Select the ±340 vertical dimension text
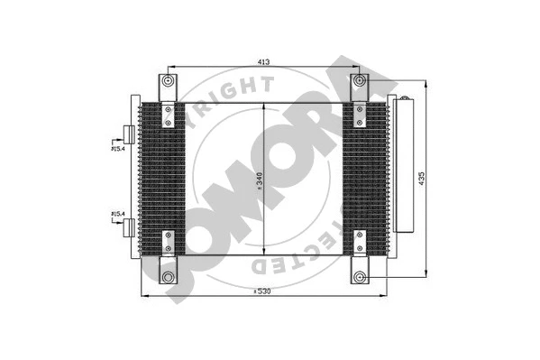[x=258, y=183]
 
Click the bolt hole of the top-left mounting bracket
[x=168, y=82]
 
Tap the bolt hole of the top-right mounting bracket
[x=360, y=82]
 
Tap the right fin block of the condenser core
[x=370, y=176]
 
